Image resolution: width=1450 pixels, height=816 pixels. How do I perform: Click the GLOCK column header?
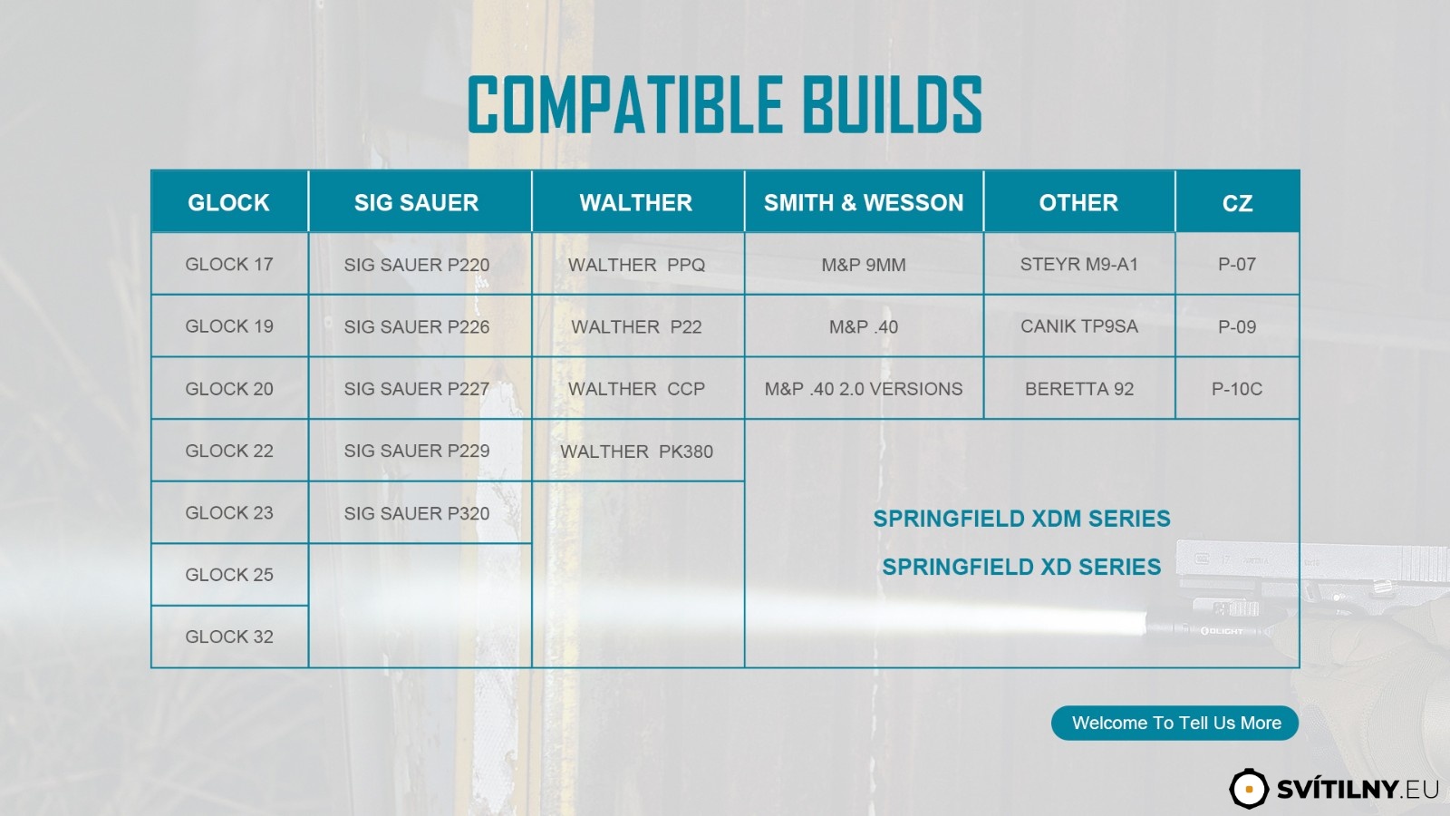coord(229,202)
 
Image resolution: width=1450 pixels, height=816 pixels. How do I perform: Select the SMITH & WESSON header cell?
coord(864,202)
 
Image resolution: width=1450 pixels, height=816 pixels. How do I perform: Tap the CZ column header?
coord(1237,202)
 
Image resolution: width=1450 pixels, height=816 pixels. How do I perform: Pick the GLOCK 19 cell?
coord(229,325)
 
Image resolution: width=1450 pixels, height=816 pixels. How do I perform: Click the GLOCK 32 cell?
coord(229,636)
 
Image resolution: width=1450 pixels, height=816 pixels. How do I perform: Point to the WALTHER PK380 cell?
coord(638,451)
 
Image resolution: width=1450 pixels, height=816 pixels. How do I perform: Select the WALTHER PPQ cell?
coord(638,264)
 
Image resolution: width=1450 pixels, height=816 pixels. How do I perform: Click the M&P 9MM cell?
coord(864,264)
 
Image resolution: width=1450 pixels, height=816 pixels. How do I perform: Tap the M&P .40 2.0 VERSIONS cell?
coord(864,389)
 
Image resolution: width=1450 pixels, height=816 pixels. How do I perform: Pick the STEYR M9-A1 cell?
coord(1079,264)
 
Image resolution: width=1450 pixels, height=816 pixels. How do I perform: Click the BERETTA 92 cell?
coord(1079,389)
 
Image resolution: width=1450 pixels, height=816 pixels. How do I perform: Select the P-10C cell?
coord(1237,389)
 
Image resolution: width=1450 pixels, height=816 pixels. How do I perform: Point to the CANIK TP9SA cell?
coord(1079,325)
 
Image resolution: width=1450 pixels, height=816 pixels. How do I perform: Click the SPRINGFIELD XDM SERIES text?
coord(1021,519)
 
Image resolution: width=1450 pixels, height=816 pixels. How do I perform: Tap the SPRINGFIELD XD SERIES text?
coord(1021,567)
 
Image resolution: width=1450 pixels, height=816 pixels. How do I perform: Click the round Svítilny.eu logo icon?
coord(1249,789)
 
